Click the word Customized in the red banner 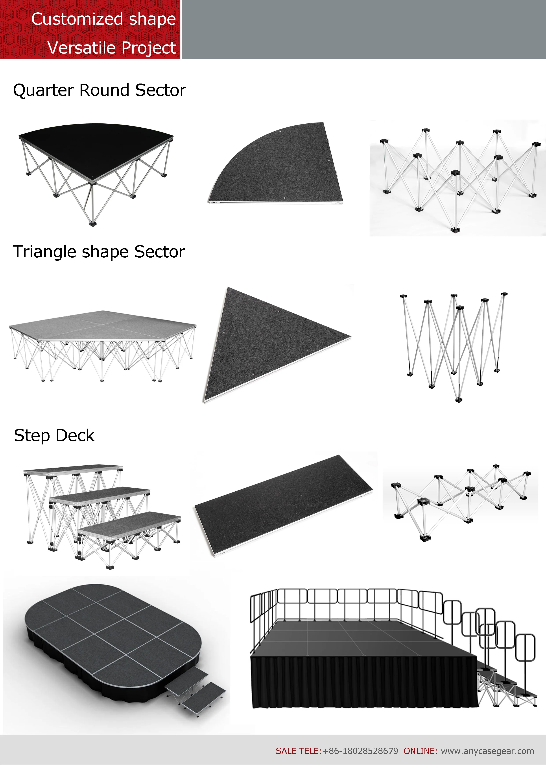(x=77, y=19)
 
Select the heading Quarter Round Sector (x=100, y=90)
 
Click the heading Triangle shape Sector (x=99, y=252)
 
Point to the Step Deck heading (x=54, y=436)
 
